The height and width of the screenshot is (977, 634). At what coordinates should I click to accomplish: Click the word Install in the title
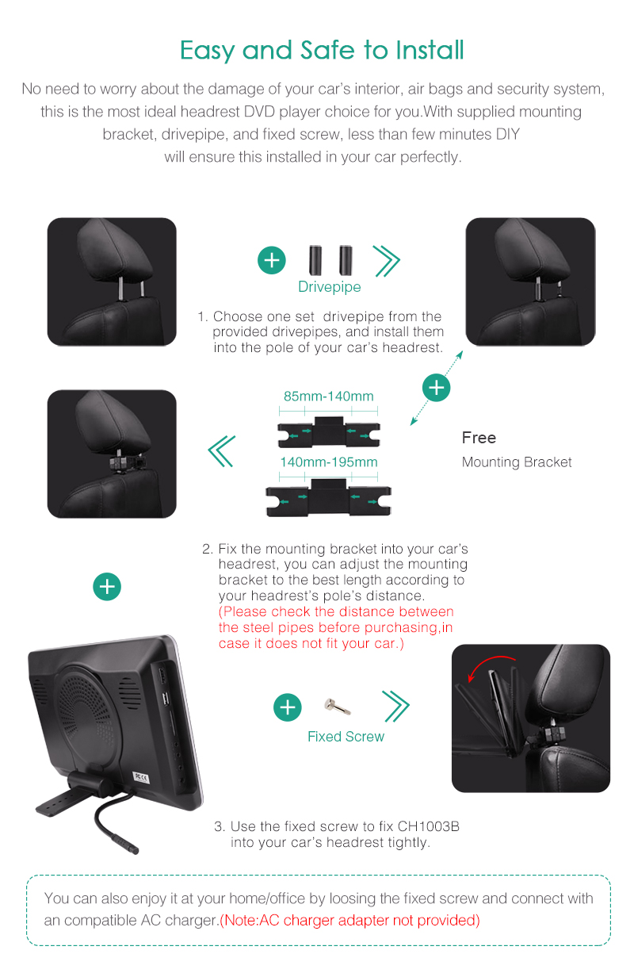[x=430, y=50]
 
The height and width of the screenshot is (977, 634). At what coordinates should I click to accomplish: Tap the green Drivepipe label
[x=330, y=286]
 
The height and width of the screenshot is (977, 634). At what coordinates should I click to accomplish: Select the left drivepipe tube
[x=315, y=260]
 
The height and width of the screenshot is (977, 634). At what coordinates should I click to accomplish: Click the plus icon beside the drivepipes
[x=272, y=260]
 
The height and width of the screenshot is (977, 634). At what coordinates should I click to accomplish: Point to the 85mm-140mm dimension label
[x=329, y=396]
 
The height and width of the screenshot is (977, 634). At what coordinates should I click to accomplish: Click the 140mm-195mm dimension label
[x=329, y=462]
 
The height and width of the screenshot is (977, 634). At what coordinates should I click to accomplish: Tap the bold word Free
[x=479, y=438]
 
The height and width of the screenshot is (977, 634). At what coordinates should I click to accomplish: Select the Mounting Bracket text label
[x=517, y=462]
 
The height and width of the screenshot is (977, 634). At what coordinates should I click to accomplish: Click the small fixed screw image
[x=338, y=706]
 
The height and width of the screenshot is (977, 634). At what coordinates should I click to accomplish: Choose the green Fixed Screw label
[x=346, y=736]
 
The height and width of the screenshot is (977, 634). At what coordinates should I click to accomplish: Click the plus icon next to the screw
[x=288, y=707]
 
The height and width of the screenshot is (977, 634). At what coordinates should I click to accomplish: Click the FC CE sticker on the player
[x=141, y=778]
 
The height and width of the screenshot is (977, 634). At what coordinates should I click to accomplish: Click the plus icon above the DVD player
[x=107, y=586]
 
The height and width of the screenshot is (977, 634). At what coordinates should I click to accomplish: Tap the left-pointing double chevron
[x=222, y=451]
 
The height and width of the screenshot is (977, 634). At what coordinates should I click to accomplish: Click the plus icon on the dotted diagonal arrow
[x=436, y=387]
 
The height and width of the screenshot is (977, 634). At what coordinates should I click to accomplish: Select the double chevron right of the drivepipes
[x=386, y=261]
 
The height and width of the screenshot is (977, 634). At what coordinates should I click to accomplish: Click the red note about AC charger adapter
[x=349, y=920]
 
